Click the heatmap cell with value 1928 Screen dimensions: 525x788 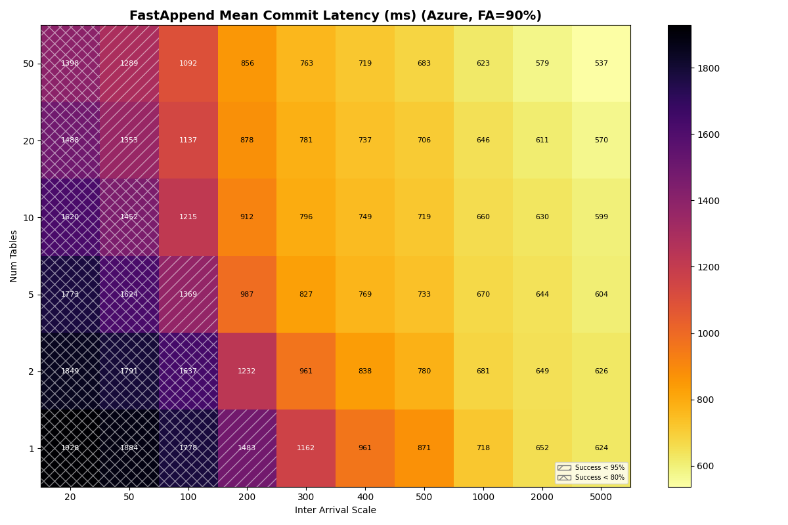tap(70, 448)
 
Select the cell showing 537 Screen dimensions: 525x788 tap(601, 64)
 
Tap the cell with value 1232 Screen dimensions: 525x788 tap(247, 371)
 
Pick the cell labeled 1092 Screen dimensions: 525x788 tap(188, 64)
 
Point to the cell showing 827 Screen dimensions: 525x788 tap(306, 295)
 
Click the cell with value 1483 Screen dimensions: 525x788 tap(247, 448)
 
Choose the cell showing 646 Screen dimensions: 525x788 tap(483, 140)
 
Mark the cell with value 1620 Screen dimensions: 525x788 tap(70, 217)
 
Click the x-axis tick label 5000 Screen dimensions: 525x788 tap(601, 497)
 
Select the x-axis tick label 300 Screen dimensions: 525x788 tap(306, 497)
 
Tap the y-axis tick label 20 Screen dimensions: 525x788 tap(29, 140)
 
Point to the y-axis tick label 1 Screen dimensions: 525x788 tap(31, 449)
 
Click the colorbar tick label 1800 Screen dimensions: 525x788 tap(709, 68)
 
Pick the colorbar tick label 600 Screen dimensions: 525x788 tap(706, 467)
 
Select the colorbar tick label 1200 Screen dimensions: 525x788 tap(709, 267)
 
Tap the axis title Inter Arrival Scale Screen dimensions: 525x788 tap(335, 511)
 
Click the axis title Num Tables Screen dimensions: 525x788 tap(14, 256)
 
